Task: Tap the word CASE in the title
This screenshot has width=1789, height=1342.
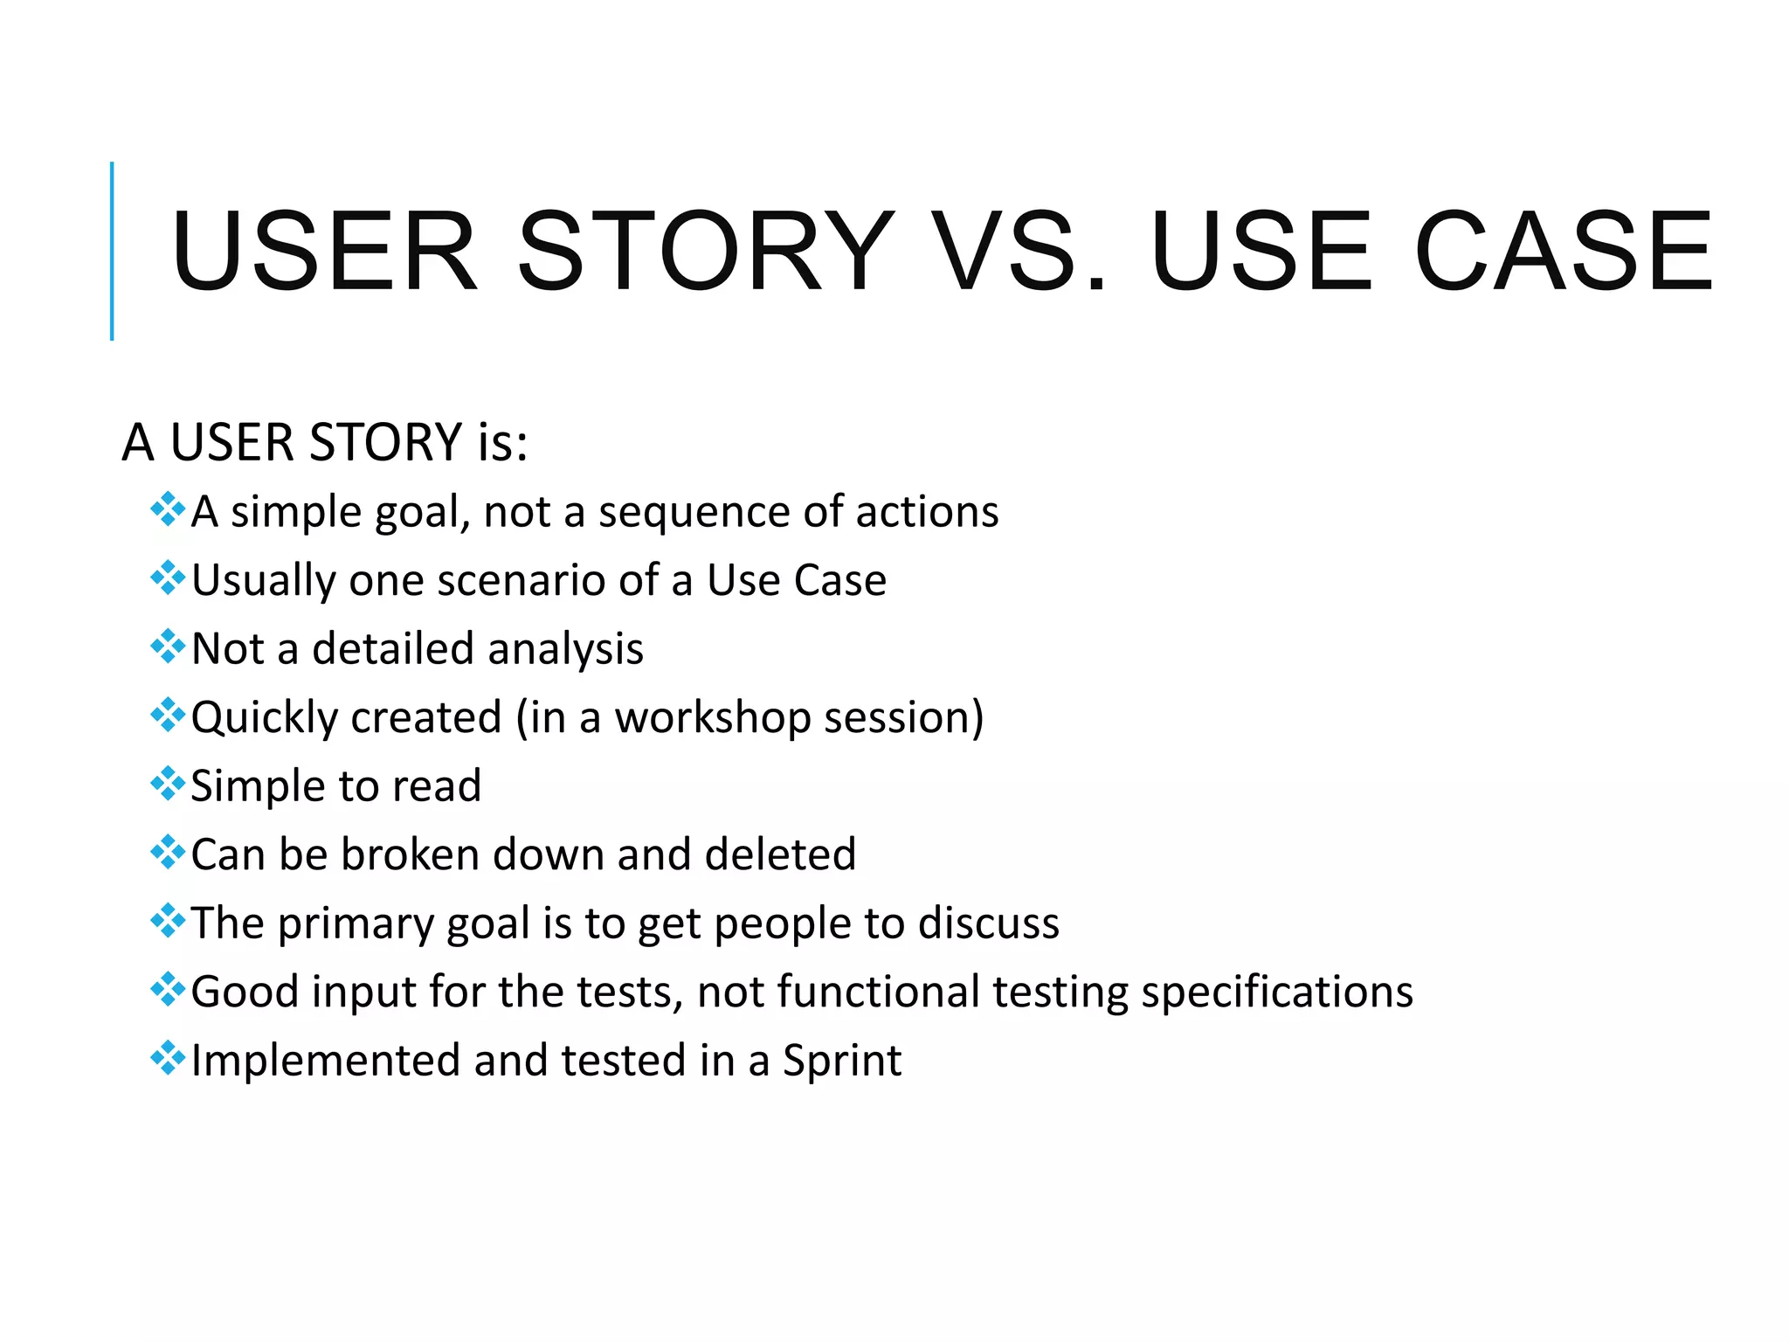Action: pos(1564,252)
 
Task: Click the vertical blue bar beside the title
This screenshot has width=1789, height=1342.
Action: pos(112,251)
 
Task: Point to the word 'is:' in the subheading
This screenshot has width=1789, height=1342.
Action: pos(502,443)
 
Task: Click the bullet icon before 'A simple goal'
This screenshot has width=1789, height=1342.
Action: pos(168,509)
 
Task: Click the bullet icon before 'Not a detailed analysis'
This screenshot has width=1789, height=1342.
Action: pos(168,647)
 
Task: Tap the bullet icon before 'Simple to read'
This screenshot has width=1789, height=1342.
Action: pos(168,784)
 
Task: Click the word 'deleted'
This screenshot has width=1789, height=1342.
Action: pos(780,854)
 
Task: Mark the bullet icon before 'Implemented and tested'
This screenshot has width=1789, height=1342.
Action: pos(168,1059)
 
